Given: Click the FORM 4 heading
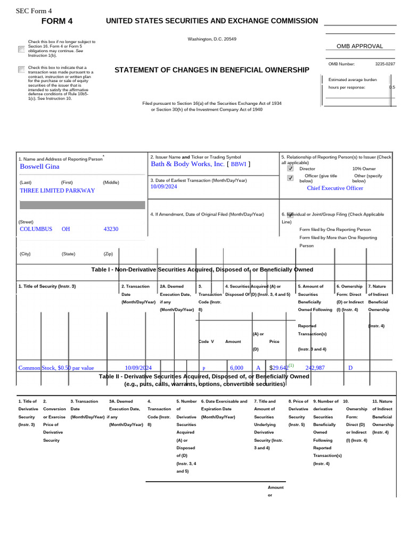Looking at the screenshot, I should pos(57,21).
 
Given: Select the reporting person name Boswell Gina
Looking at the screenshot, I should pos(39,167).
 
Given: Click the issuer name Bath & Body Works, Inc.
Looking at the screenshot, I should pos(187,164).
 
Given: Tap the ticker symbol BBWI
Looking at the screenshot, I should pos(238,165).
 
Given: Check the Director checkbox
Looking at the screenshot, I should pos(290,168).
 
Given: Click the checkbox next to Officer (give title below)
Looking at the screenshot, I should pos(290,178).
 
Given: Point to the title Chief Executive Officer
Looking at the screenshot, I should pos(335,188).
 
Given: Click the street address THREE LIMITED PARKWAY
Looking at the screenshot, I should pos(57,191).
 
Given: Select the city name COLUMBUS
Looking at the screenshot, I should pos(36,229).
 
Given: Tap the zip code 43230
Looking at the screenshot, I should pos(111,229).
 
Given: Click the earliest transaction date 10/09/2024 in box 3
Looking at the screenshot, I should pos(163,187).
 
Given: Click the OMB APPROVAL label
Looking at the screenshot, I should pos(359,46).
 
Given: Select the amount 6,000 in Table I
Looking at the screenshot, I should pos(236,368).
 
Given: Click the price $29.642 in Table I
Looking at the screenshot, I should pos(279,368).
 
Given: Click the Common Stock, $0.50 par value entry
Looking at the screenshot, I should pos(56,368).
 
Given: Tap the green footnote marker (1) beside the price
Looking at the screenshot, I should pos(291,366).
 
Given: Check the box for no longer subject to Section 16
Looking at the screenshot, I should pos(21,49).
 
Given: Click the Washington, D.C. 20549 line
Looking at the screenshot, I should pos(212,39).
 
